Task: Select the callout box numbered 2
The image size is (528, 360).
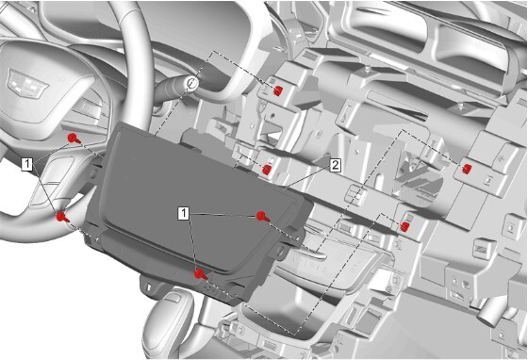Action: pos(335,164)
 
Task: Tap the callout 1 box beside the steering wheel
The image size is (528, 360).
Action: pos(29,164)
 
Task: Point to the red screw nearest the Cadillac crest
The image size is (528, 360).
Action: pos(74,139)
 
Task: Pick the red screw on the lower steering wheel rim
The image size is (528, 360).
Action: pos(62,217)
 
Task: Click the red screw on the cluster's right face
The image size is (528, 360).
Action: pos(262,216)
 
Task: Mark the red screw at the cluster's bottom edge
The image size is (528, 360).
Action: pos(199,273)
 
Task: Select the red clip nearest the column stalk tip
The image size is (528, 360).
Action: pos(280,90)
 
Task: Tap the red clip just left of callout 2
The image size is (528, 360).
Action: pos(268,171)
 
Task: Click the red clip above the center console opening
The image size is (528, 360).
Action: pos(404,225)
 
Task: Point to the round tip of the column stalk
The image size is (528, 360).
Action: pos(191,83)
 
